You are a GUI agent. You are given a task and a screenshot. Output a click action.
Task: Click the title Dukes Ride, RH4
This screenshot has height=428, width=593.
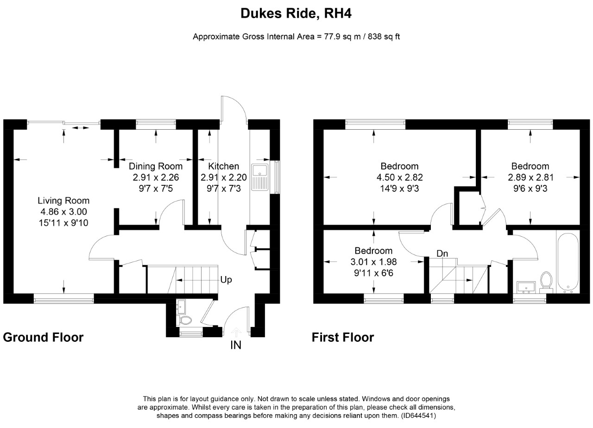[296, 14]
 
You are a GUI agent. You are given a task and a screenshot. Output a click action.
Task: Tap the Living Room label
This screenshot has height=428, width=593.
[63, 201]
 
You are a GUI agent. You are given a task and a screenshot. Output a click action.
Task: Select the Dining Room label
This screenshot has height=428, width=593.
[156, 166]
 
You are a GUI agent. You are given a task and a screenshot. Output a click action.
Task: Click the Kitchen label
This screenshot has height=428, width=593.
[223, 166]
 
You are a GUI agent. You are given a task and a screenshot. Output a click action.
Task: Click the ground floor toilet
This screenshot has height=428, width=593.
[186, 320]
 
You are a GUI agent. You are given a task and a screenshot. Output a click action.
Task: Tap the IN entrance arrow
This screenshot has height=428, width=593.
[236, 332]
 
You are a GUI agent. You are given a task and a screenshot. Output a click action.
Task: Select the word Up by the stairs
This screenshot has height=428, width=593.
[226, 280]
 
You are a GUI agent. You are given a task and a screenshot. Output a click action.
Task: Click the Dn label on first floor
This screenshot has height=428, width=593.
[442, 253]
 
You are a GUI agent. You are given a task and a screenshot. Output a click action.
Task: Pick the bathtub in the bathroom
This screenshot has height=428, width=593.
[567, 262]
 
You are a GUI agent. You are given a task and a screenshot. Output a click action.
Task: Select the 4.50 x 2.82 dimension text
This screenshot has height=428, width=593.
[399, 177]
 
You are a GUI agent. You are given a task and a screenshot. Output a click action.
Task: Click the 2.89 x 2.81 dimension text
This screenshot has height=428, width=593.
[530, 177]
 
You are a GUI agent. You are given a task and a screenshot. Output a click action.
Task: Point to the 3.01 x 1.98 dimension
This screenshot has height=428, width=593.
[373, 261]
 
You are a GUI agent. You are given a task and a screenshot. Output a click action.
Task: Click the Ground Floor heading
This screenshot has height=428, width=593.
[43, 337]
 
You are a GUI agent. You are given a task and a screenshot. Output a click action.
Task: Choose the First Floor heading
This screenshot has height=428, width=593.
[343, 337]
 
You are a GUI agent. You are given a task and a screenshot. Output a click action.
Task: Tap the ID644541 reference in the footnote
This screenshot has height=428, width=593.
[418, 416]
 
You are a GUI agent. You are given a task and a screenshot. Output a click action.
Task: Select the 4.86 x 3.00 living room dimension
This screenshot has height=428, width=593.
[63, 212]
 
